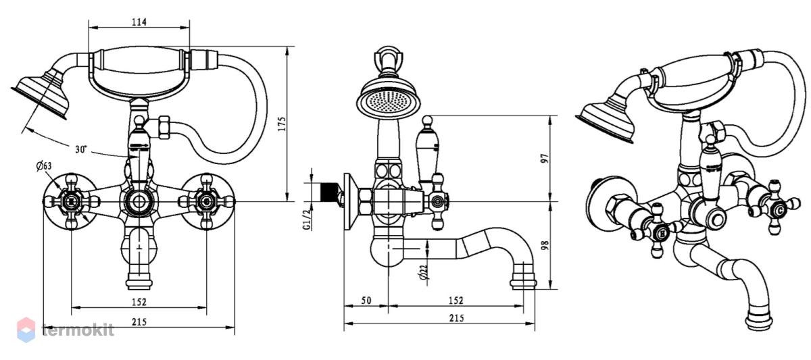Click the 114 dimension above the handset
pos(139,22)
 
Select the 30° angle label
pos(81,149)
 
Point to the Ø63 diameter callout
pos(44,166)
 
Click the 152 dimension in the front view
pos(139,302)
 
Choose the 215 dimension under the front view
pos(139,322)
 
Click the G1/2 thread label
pos(307,220)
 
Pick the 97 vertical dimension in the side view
pos(545,159)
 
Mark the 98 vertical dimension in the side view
pos(545,245)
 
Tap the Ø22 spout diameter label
pos(424,272)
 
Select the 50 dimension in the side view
pos(366,301)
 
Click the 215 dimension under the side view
pos(457,318)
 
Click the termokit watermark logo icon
pos(26,330)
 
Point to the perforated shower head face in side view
pos(389,100)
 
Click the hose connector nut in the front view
pos(164,128)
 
